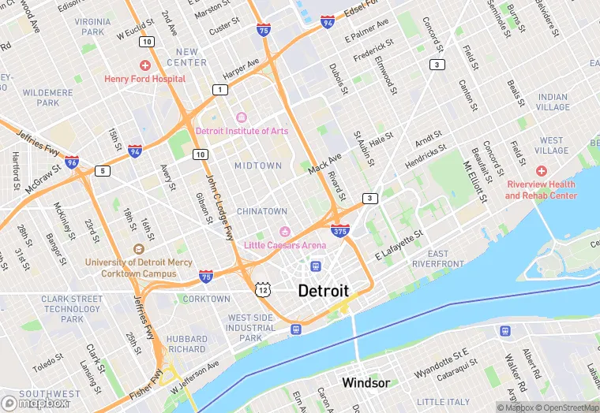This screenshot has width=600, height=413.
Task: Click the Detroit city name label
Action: pos(323,291)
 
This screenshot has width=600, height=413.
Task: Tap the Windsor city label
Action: pos(365,382)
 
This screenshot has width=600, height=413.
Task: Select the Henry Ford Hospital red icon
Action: pos(144,65)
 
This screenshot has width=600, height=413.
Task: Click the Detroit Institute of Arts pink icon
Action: pos(242,117)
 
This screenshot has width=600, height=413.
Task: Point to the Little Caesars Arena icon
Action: pos(285,230)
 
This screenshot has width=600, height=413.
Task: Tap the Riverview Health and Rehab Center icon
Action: pos(541,171)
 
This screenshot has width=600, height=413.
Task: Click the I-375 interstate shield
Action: pos(339,230)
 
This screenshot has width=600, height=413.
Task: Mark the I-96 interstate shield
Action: pos(72,162)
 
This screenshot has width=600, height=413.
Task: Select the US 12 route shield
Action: pos(262,290)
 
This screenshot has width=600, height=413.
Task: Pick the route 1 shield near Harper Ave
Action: pos(218,90)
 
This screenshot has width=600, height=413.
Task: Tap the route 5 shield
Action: pos(102,170)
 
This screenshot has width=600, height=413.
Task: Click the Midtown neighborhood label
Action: pos(257,166)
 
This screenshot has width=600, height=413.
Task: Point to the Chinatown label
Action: pos(262,211)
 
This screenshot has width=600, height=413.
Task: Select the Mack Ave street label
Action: pos(324,164)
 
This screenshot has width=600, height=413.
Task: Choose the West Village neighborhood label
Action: pos(552,146)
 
